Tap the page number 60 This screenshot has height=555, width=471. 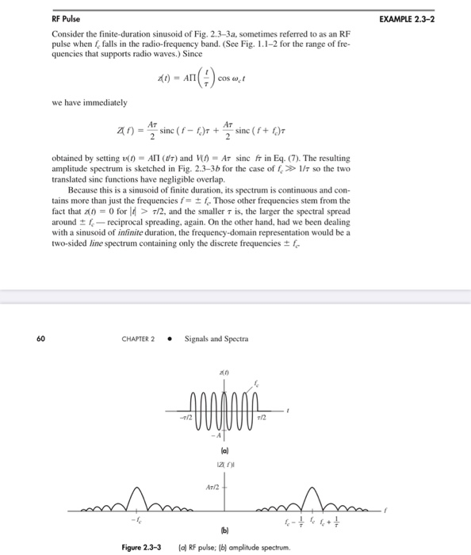pos(40,339)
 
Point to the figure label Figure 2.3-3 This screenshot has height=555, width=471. pos(143,547)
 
